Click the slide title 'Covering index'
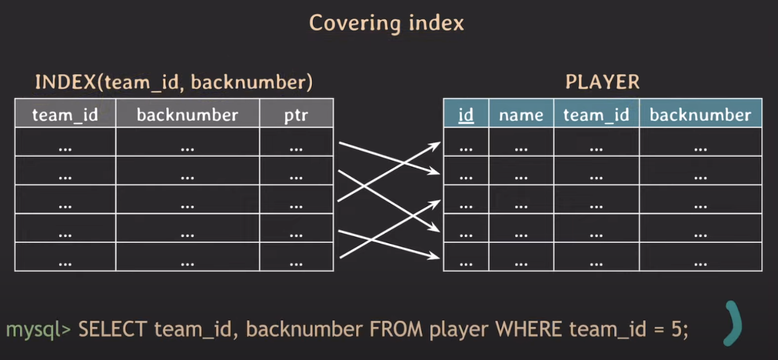pyautogui.click(x=386, y=23)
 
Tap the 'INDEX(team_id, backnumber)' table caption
pyautogui.click(x=174, y=82)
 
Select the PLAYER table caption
pyautogui.click(x=602, y=82)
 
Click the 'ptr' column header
pyautogui.click(x=296, y=115)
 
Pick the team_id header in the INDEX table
pyautogui.click(x=65, y=115)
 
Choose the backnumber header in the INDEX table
pyautogui.click(x=187, y=115)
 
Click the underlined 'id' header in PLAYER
pyautogui.click(x=466, y=115)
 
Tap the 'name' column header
pyautogui.click(x=521, y=115)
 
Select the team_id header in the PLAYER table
pyautogui.click(x=596, y=115)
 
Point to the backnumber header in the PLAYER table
pyautogui.click(x=700, y=115)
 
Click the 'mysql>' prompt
pyautogui.click(x=38, y=329)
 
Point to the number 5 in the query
pyautogui.click(x=677, y=329)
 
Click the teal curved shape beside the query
pyautogui.click(x=733, y=322)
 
